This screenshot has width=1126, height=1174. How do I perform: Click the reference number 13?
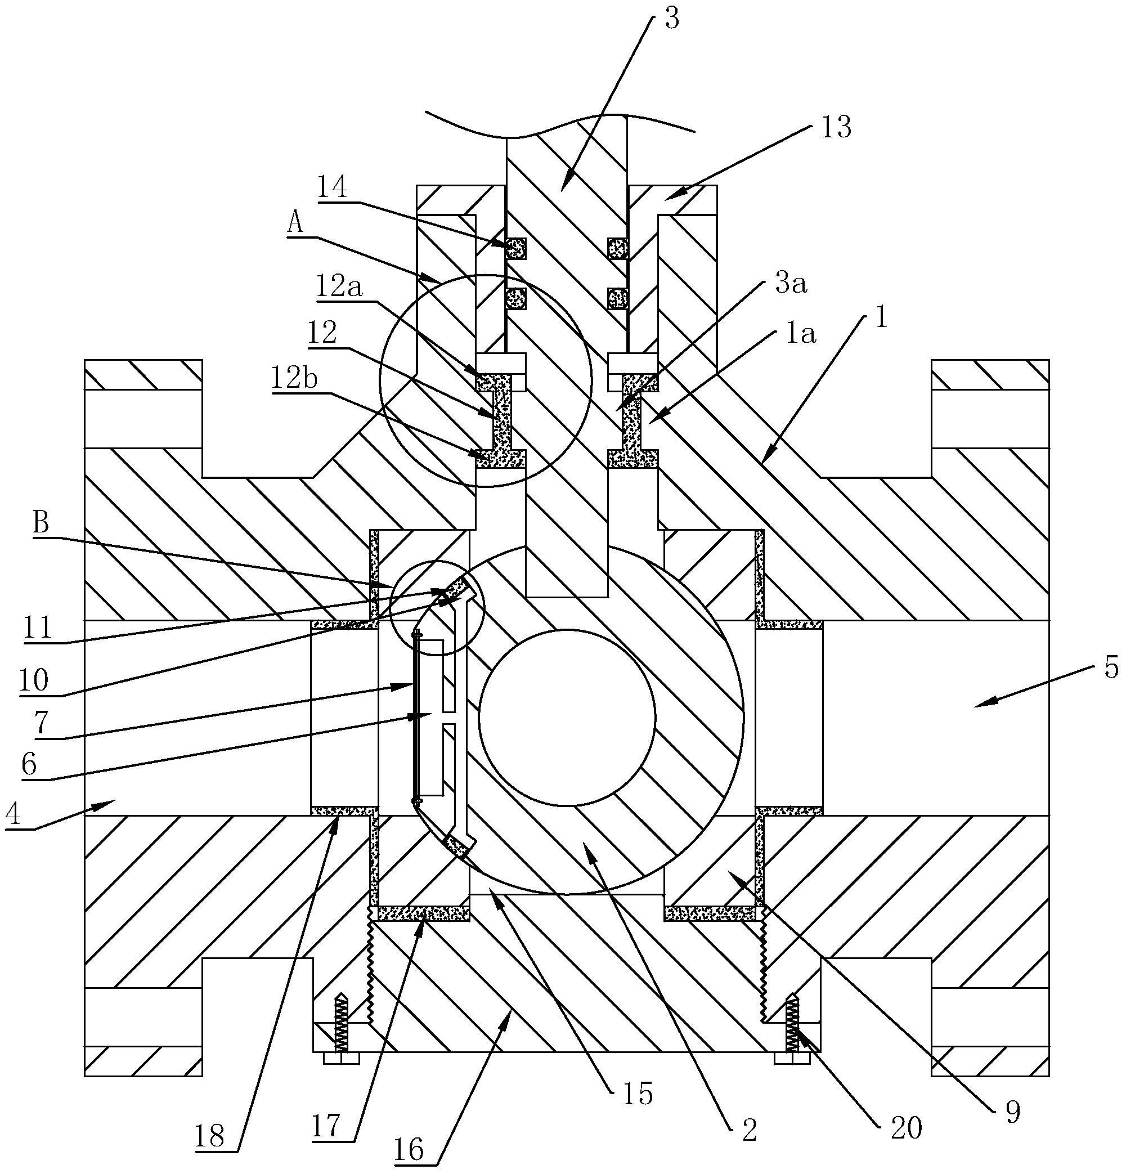pos(836,128)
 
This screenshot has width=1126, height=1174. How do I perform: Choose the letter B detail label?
pos(41,523)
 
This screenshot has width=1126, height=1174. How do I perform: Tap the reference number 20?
pos(906,1129)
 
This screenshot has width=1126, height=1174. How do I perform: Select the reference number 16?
pos(410,1149)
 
